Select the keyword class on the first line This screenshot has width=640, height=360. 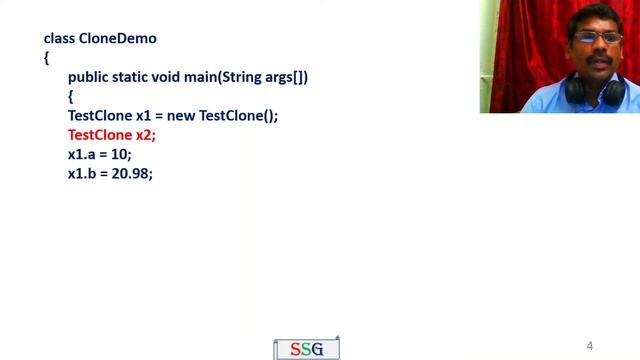59,39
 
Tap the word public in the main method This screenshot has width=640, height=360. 88,77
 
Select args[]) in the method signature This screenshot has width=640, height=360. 286,77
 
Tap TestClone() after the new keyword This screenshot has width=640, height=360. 238,116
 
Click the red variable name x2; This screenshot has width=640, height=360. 146,135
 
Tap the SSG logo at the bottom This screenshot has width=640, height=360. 307,348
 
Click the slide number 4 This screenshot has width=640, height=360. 590,346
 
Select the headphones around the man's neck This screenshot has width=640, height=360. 596,92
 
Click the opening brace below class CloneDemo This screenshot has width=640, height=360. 46,58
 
